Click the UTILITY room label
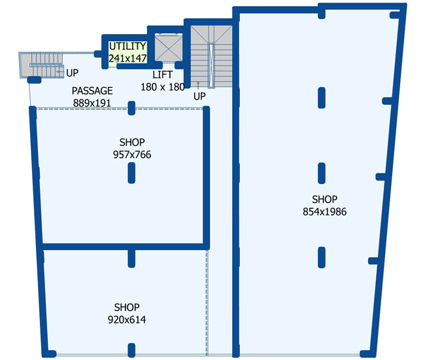(127, 46)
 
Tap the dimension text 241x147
(127, 58)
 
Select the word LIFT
(162, 75)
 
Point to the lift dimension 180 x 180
(163, 87)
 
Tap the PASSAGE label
(92, 90)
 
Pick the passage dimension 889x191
(92, 103)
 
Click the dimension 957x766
(132, 154)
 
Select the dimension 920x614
(127, 319)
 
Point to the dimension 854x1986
(325, 211)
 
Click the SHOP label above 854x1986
(325, 200)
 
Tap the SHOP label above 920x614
(127, 308)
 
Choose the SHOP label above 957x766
(132, 142)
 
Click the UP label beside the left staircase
(73, 73)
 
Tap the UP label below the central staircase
(200, 96)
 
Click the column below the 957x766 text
(131, 173)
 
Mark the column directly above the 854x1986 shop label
(322, 173)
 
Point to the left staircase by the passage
(41, 65)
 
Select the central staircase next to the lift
(211, 56)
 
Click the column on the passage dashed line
(131, 108)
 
